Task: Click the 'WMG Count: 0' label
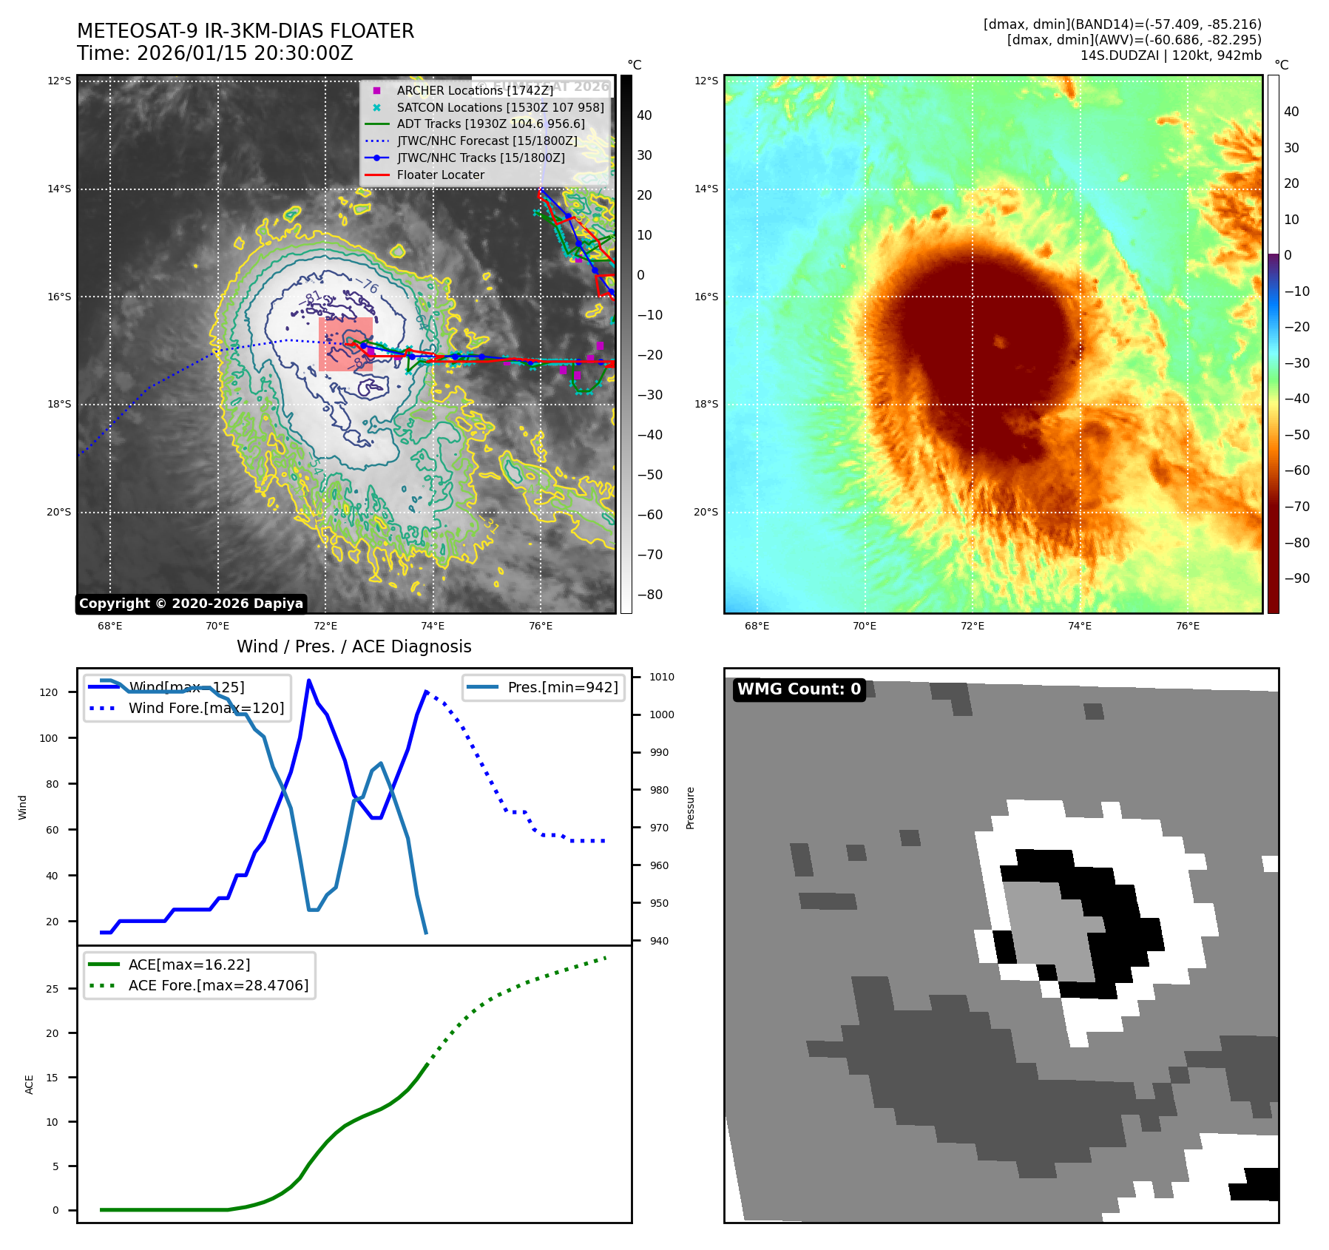click(799, 689)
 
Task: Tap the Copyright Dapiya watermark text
click(191, 604)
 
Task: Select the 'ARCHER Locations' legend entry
click(475, 90)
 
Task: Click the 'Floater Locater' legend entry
click(440, 175)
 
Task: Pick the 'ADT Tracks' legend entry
click(490, 124)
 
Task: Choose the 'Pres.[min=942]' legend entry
click(562, 687)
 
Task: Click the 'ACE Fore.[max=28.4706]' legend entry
click(218, 985)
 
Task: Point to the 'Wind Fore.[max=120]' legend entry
click(206, 708)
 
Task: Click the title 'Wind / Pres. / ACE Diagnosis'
click(354, 646)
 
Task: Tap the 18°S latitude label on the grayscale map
click(59, 405)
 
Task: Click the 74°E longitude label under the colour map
click(1079, 626)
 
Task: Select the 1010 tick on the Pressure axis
click(662, 677)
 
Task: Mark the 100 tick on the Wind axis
click(49, 738)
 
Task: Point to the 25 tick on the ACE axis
click(52, 989)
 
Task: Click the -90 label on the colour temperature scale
click(1296, 578)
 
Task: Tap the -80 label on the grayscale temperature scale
click(650, 595)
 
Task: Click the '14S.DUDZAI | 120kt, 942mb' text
click(1171, 55)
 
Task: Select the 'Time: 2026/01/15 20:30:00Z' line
click(215, 53)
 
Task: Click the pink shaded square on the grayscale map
click(345, 345)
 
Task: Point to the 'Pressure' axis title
click(690, 808)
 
